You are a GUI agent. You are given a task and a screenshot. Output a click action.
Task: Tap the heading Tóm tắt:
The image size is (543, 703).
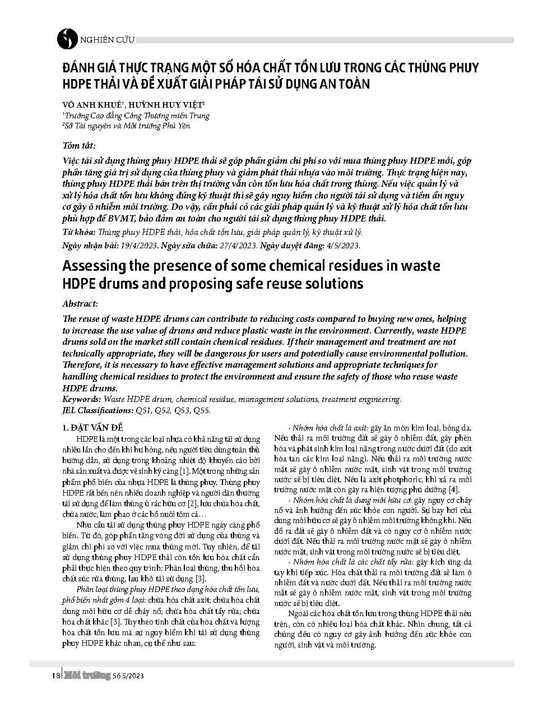coord(79,146)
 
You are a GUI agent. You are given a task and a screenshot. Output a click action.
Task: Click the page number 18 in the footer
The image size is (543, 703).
coord(55,676)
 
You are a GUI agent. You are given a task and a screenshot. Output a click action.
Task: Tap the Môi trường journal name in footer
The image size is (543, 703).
coord(86,676)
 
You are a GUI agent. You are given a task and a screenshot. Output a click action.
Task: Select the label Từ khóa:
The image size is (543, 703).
coord(79,232)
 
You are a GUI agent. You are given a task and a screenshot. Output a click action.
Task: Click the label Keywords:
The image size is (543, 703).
coord(82,400)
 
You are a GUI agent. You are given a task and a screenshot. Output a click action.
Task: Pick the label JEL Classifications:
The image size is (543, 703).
coord(98,410)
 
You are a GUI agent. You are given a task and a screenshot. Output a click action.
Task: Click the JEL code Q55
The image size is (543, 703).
coord(201,410)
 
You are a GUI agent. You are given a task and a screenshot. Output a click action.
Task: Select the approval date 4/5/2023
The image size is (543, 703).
coord(342,246)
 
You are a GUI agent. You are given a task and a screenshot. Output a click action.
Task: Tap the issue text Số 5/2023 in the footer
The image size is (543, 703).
coord(128,677)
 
